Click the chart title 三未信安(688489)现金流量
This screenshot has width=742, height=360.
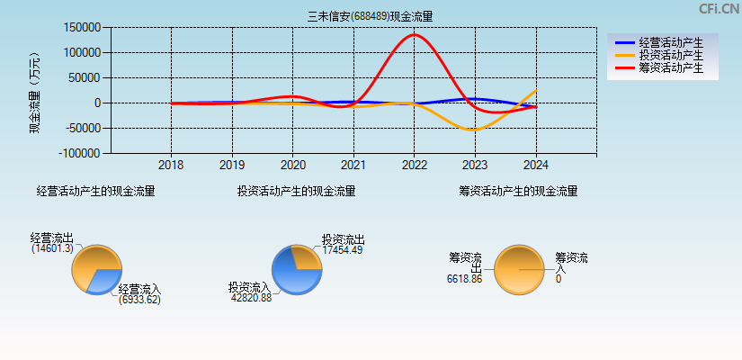tap(370, 16)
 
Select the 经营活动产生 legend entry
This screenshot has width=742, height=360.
tap(670, 42)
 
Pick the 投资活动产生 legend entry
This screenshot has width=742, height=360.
tap(670, 55)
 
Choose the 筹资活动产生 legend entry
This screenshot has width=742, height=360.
tap(670, 67)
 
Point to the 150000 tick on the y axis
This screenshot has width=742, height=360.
tap(83, 28)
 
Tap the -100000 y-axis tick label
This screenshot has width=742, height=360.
tap(80, 154)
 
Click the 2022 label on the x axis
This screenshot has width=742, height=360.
tap(414, 166)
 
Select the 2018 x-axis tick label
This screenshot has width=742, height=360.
tap(171, 166)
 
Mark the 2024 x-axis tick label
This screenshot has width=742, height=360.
tap(535, 166)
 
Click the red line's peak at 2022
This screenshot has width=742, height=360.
tap(414, 35)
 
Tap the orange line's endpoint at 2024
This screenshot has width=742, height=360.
tap(536, 90)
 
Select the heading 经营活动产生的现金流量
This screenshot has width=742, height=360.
tap(95, 191)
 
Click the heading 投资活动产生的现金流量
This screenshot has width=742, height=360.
tap(296, 191)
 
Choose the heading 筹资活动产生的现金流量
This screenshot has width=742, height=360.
tap(518, 191)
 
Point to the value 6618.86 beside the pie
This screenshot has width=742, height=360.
tap(464, 280)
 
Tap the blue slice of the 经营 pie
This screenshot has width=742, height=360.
tap(107, 280)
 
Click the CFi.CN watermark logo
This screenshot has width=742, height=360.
tap(719, 9)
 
